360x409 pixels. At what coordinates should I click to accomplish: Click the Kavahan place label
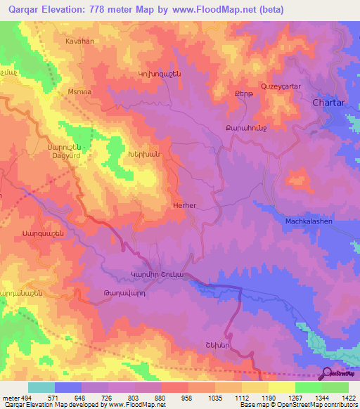[79, 41]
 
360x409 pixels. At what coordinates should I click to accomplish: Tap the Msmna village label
[79, 92]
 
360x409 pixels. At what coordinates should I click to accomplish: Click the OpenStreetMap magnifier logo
[326, 375]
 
